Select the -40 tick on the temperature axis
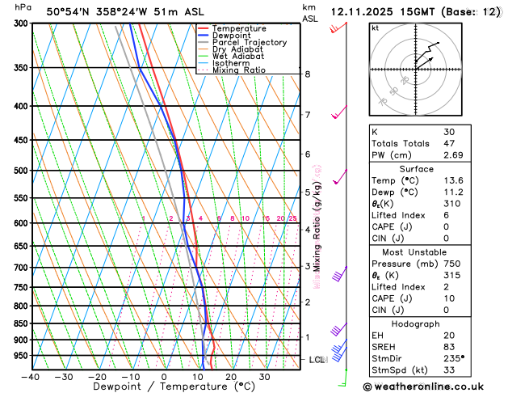coord(31,377)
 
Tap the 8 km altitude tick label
coord(307,74)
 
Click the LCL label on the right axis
coord(317,359)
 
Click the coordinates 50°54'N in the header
coord(69,12)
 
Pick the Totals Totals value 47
coord(449,142)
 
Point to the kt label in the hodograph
coord(375,27)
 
